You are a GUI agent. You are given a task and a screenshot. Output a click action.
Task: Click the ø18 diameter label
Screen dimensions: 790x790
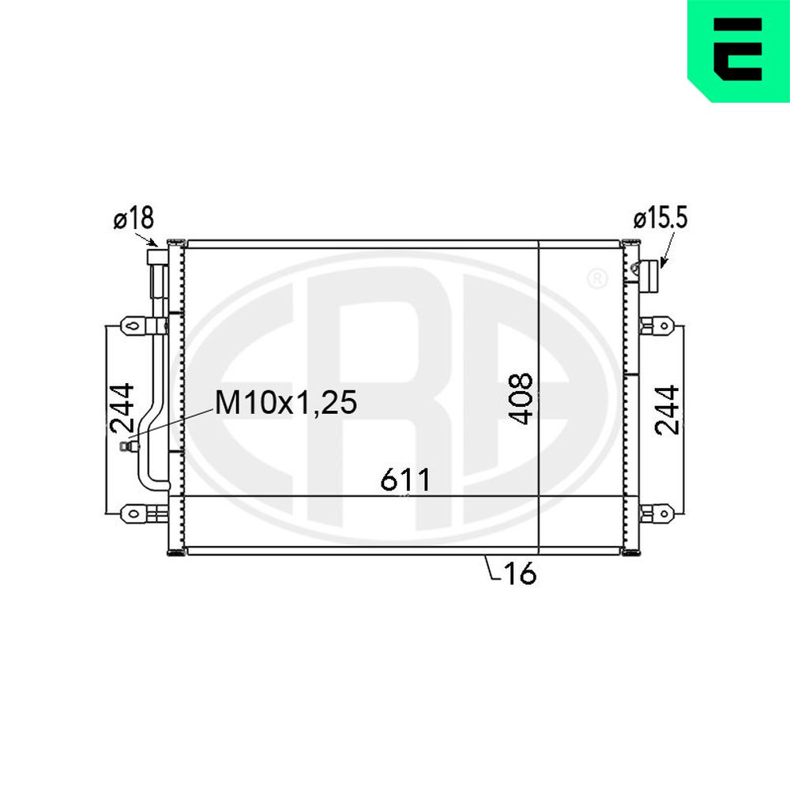pyautogui.click(x=134, y=219)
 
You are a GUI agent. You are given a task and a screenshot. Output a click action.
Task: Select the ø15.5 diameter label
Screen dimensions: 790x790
pyautogui.click(x=660, y=219)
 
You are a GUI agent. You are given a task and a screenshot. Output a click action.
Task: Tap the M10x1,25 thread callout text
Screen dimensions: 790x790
pyautogui.click(x=286, y=403)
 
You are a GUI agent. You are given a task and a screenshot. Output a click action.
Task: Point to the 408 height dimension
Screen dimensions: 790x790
pyautogui.click(x=521, y=398)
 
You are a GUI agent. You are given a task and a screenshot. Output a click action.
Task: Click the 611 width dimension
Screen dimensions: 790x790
pyautogui.click(x=405, y=480)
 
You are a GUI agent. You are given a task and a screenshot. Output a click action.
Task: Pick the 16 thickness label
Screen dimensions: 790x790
pyautogui.click(x=520, y=573)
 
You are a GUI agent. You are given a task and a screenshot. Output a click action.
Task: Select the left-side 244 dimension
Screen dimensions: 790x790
pyautogui.click(x=122, y=408)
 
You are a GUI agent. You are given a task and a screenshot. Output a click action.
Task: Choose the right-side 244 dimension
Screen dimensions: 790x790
pyautogui.click(x=667, y=409)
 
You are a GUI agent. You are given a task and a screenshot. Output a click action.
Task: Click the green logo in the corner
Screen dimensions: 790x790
pyautogui.click(x=739, y=51)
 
